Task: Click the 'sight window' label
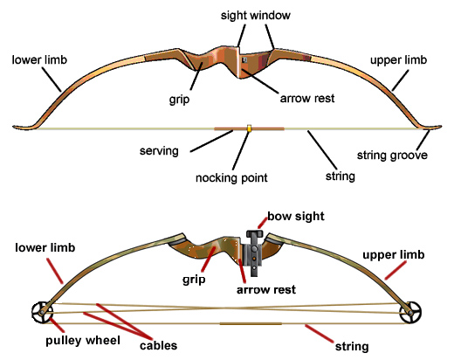(x=256, y=16)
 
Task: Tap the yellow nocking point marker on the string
(x=249, y=128)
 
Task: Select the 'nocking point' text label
(x=231, y=178)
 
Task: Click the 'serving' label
(x=159, y=151)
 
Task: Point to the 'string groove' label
(x=392, y=156)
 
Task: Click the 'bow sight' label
(x=296, y=216)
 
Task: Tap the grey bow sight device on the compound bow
(x=254, y=253)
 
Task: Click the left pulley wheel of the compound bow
(x=42, y=312)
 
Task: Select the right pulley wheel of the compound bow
(x=410, y=312)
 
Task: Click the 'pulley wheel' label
(x=83, y=341)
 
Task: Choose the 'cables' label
(x=159, y=345)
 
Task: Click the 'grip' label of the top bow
(x=179, y=100)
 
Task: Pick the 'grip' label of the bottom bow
(x=194, y=279)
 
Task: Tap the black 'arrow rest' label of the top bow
(x=307, y=98)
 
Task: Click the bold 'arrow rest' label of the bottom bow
(x=266, y=290)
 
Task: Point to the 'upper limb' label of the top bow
(x=398, y=60)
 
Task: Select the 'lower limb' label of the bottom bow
(x=45, y=247)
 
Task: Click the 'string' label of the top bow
(x=341, y=177)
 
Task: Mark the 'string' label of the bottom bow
(x=352, y=347)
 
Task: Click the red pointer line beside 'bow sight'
(x=263, y=223)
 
